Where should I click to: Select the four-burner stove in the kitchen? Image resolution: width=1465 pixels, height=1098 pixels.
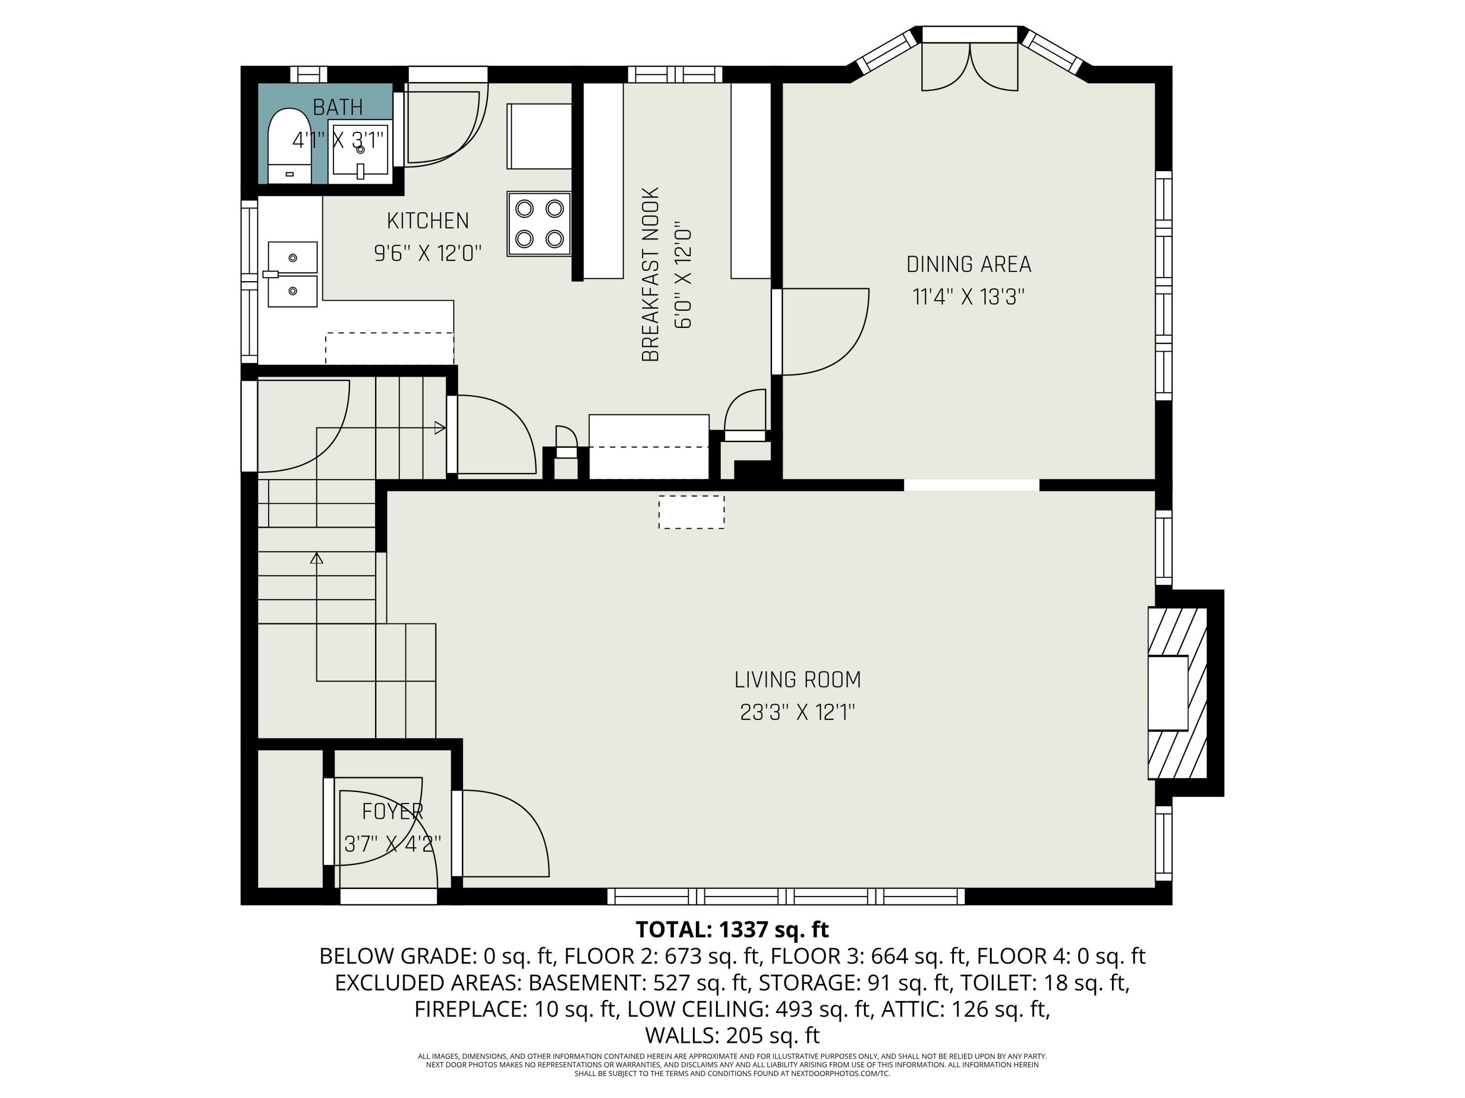pyautogui.click(x=539, y=224)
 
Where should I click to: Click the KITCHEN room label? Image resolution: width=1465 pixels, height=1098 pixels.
pyautogui.click(x=428, y=221)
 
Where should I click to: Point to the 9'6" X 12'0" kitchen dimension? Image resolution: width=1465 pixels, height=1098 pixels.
pyautogui.click(x=428, y=253)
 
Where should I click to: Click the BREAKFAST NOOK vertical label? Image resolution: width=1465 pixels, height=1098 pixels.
pyautogui.click(x=651, y=275)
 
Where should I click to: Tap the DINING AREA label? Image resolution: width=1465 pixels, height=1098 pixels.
pyautogui.click(x=968, y=264)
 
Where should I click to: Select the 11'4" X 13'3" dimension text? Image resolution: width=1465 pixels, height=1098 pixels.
pyautogui.click(x=968, y=297)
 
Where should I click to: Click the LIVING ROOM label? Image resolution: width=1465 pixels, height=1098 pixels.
pyautogui.click(x=797, y=680)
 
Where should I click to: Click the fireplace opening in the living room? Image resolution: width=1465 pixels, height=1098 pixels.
pyautogui.click(x=1167, y=692)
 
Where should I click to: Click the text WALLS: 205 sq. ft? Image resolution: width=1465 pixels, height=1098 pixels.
pyautogui.click(x=732, y=1035)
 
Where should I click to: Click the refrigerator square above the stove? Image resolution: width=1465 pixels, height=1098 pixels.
pyautogui.click(x=539, y=136)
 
